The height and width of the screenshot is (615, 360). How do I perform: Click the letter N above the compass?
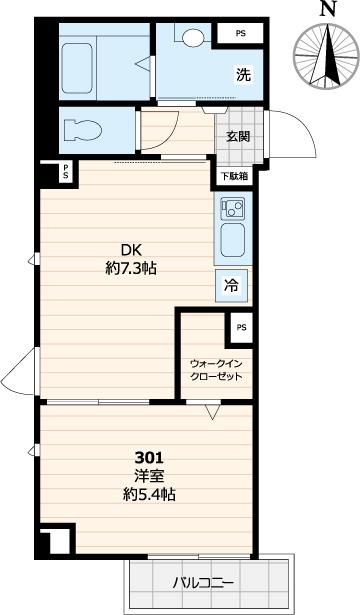(x=326, y=10)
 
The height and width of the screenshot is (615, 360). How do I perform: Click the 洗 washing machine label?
(x=243, y=73)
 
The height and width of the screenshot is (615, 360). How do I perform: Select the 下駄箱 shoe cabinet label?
(x=232, y=176)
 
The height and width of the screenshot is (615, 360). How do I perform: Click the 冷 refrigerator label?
(x=231, y=286)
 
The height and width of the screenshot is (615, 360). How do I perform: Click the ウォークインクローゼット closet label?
(x=216, y=370)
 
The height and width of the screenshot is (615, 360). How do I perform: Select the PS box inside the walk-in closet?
(x=240, y=326)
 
